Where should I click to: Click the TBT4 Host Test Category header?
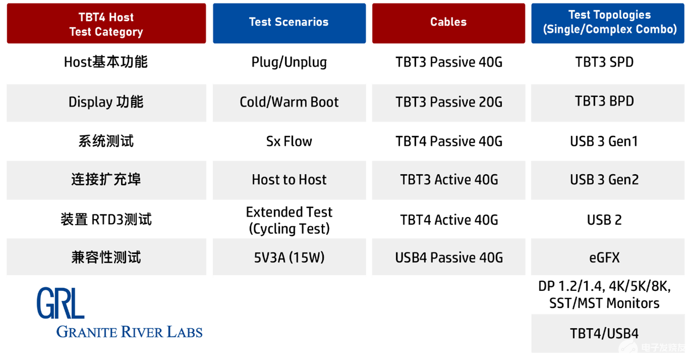coord(107,23)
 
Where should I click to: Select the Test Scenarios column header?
coord(289,23)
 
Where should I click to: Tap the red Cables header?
coord(449,23)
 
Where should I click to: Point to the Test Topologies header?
coord(608,23)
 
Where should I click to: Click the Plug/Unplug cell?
coord(289,63)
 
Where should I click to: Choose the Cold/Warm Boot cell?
coord(289,102)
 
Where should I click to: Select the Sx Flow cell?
coord(289,141)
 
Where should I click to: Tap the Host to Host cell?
coord(289,180)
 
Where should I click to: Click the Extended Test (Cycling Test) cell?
coord(289,220)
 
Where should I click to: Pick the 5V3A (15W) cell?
coord(289,257)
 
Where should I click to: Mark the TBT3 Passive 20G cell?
coord(449,102)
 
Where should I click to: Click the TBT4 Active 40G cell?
coord(449,220)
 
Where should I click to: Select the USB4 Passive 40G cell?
coord(449,257)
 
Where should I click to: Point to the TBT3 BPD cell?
coord(608,102)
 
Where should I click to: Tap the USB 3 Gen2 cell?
coord(608,180)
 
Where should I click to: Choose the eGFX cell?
coord(608,257)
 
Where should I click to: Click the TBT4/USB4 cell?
coord(608,333)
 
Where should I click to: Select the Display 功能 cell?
coord(107,102)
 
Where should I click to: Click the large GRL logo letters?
coord(60,303)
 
